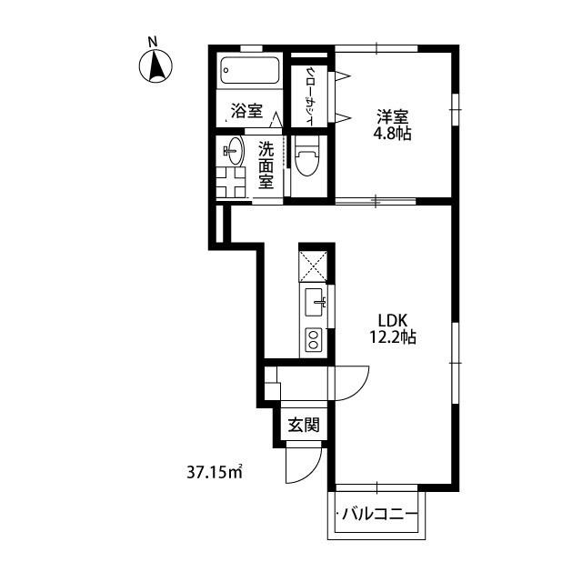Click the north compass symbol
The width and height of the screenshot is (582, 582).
[x=156, y=66]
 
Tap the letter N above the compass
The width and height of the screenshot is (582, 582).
[x=152, y=42]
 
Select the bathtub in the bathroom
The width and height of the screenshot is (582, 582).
[x=249, y=70]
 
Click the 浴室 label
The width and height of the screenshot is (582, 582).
[x=246, y=111]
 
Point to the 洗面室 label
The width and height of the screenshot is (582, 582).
[x=266, y=165]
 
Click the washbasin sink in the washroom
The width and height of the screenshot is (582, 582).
[x=234, y=151]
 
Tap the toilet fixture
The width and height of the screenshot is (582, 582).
[x=307, y=156]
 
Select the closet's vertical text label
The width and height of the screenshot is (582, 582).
[x=310, y=96]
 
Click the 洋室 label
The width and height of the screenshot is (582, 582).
[x=393, y=117]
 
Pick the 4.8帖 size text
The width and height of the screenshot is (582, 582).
[x=392, y=134]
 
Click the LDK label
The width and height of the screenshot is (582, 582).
[x=393, y=320]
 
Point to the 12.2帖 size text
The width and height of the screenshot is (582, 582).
[x=393, y=336]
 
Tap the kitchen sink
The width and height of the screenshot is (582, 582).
[x=315, y=302]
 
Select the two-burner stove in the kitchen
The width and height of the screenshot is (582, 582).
[x=314, y=339]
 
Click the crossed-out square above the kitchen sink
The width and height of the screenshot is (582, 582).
[x=314, y=266]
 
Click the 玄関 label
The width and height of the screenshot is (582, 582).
[x=304, y=425]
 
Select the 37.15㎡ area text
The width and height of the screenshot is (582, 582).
[x=215, y=472]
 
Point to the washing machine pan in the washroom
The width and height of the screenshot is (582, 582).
[x=231, y=183]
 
